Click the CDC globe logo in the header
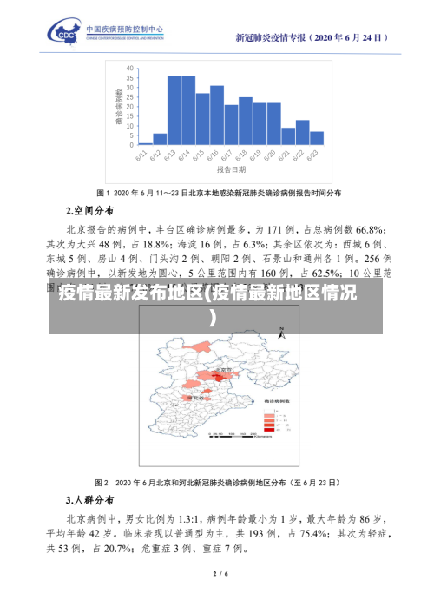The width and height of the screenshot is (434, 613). pyautogui.click(x=67, y=33)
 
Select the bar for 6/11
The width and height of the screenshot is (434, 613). pyautogui.click(x=146, y=142)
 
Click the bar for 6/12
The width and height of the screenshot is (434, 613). pyautogui.click(x=160, y=138)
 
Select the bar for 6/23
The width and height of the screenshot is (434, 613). pyautogui.click(x=317, y=137)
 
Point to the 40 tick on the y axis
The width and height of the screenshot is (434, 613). pyautogui.click(x=129, y=68)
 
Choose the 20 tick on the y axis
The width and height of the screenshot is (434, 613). pyautogui.click(x=129, y=106)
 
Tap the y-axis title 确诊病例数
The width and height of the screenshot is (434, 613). pyautogui.click(x=118, y=105)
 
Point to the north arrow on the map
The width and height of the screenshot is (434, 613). pyautogui.click(x=283, y=308)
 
